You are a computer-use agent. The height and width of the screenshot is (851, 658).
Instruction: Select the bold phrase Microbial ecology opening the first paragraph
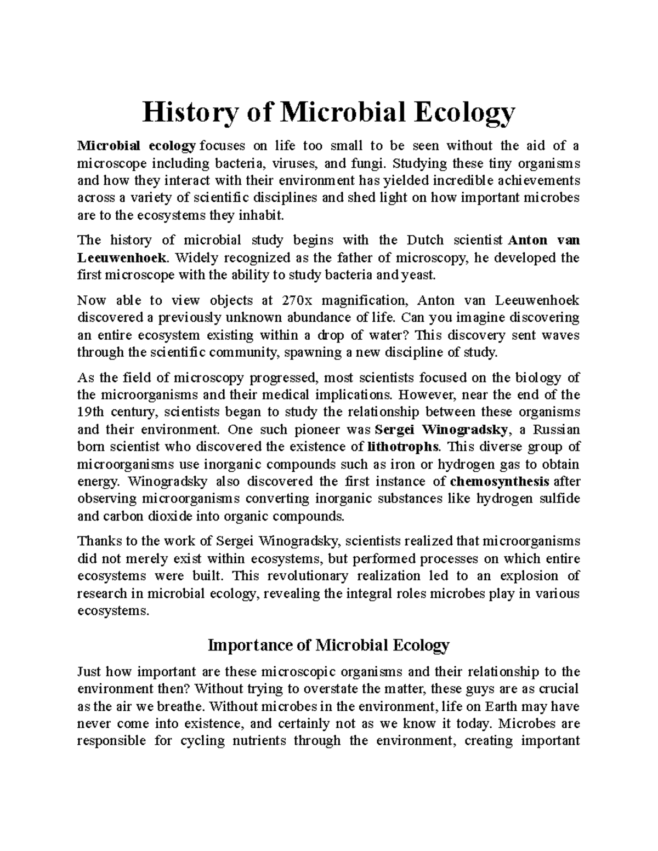click(137, 146)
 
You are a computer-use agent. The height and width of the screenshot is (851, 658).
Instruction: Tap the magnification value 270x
click(297, 300)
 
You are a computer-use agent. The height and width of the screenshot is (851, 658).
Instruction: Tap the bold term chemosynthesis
click(499, 482)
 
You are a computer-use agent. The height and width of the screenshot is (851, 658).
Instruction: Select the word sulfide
click(559, 499)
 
